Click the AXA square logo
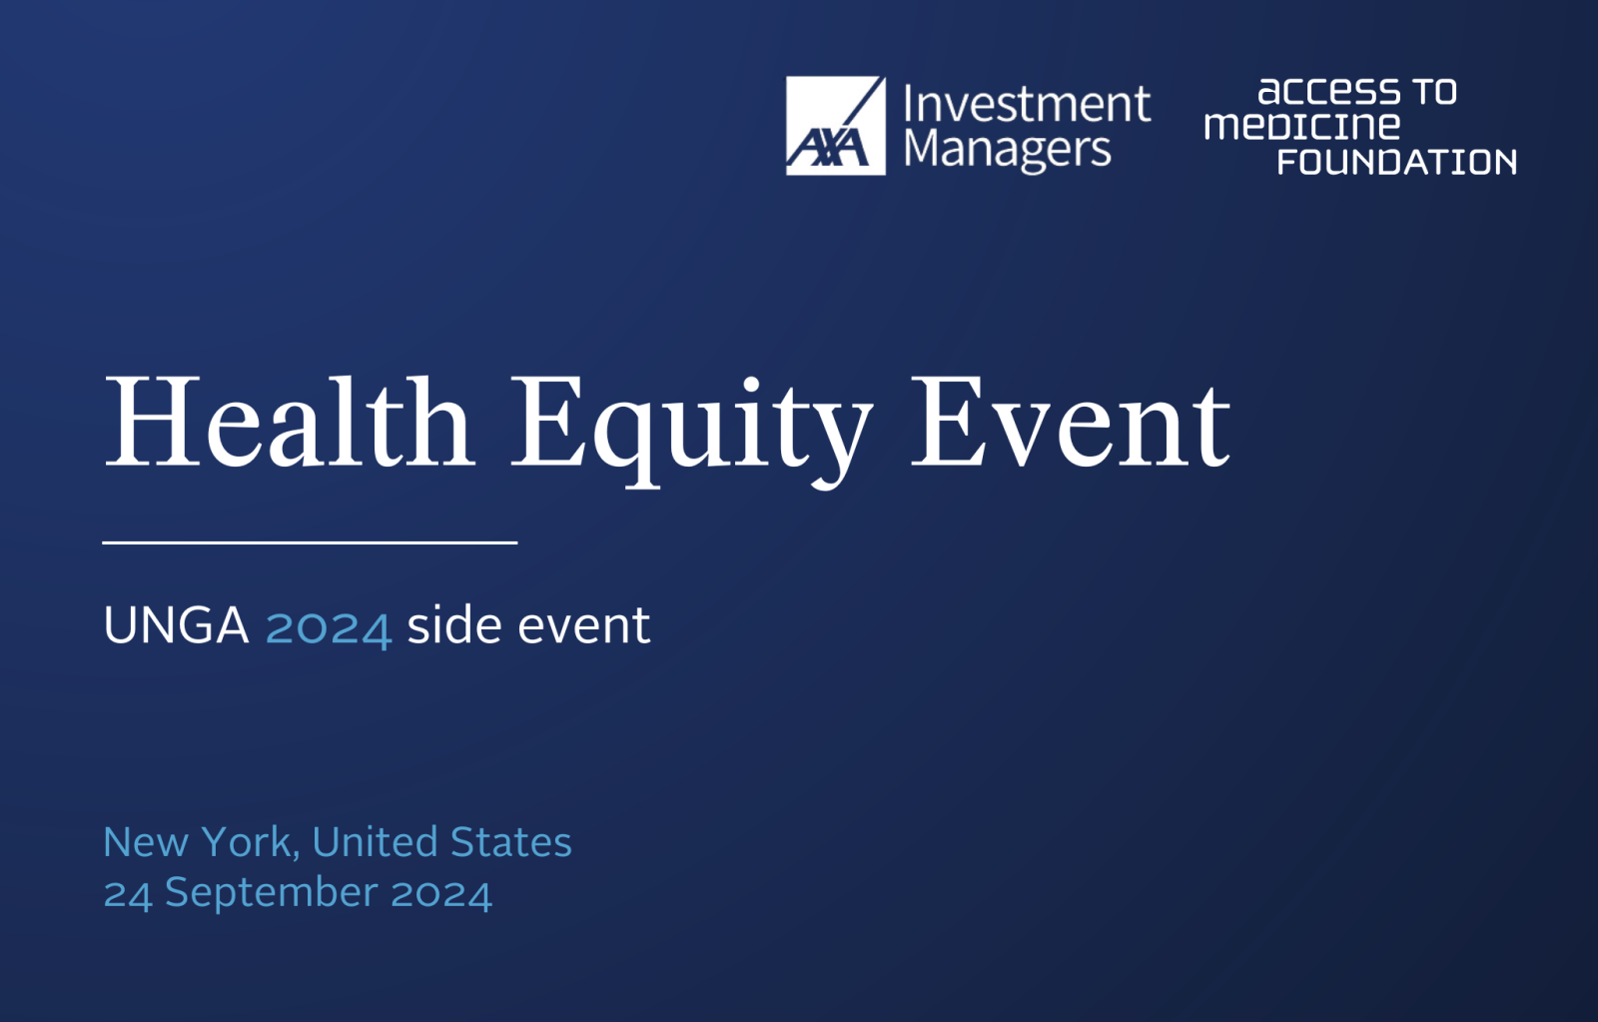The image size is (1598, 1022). click(x=835, y=126)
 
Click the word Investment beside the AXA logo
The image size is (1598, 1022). click(x=1028, y=104)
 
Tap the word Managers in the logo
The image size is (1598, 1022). click(x=1008, y=151)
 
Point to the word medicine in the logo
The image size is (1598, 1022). click(x=1302, y=126)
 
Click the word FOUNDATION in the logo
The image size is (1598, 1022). click(x=1397, y=162)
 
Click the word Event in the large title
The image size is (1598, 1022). click(x=1071, y=423)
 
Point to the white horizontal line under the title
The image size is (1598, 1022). click(x=310, y=543)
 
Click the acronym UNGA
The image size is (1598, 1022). click(x=176, y=625)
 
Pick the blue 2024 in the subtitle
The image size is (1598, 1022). click(x=329, y=627)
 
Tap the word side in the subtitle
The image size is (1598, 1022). click(x=454, y=623)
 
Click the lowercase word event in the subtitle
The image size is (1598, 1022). click(x=584, y=625)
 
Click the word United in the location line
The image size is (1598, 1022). click(x=376, y=842)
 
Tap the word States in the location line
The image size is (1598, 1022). click(x=511, y=842)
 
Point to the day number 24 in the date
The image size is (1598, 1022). click(x=128, y=894)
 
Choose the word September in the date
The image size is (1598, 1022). click(x=271, y=894)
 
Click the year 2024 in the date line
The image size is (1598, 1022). click(x=441, y=894)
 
